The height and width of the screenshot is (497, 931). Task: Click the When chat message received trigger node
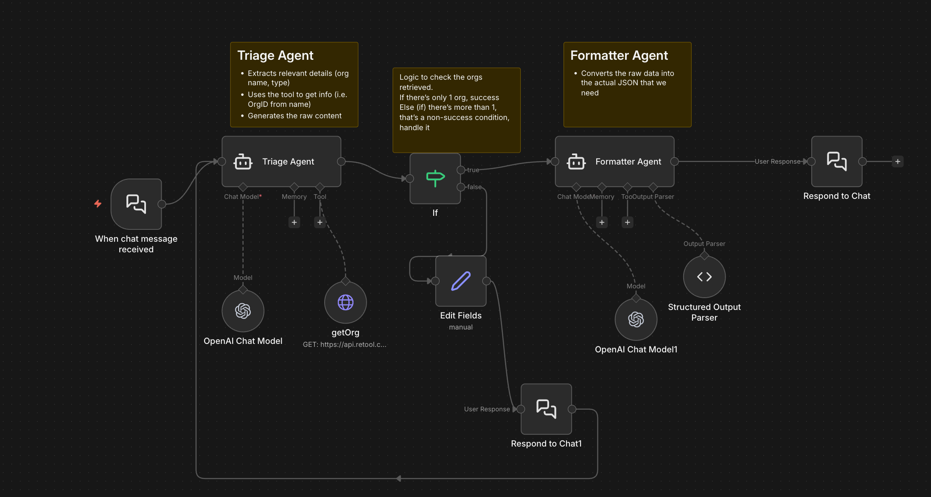click(x=136, y=204)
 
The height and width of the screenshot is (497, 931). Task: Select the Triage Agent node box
click(x=281, y=162)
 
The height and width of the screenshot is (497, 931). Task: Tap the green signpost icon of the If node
click(x=435, y=179)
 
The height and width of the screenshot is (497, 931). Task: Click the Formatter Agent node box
click(x=614, y=162)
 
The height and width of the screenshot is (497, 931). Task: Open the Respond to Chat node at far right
click(x=836, y=162)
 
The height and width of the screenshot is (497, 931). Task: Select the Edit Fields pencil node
click(x=461, y=281)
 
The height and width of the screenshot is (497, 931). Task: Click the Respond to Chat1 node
click(x=546, y=409)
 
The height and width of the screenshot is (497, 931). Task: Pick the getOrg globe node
click(x=345, y=302)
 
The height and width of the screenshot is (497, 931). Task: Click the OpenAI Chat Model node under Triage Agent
click(x=243, y=311)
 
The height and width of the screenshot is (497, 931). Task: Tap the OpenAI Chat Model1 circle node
click(x=636, y=319)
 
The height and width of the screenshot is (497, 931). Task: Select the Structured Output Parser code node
click(x=704, y=277)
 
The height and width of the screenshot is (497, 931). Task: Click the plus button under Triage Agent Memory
click(x=294, y=222)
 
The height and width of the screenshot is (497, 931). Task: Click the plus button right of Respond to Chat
click(x=897, y=162)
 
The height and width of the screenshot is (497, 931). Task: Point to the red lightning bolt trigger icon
click(x=98, y=204)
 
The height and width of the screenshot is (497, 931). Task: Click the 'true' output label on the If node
click(x=473, y=170)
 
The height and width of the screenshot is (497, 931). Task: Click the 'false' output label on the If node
click(x=474, y=187)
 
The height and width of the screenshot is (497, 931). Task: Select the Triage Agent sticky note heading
click(x=275, y=56)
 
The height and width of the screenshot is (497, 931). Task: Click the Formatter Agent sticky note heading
click(x=619, y=56)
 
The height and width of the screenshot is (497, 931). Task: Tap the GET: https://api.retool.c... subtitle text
click(x=345, y=344)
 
